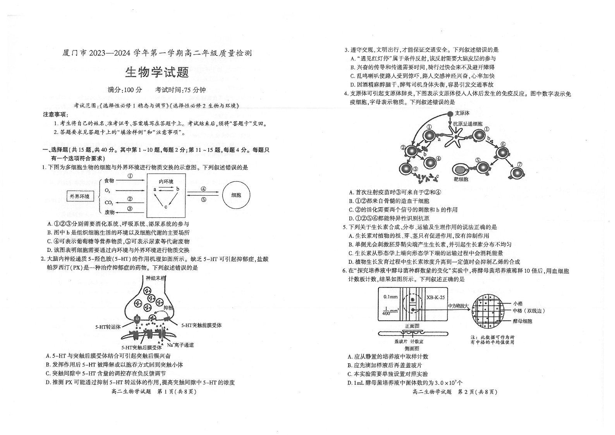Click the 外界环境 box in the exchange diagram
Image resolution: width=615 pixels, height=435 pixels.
point(79,196)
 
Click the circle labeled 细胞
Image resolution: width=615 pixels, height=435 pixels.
point(236,195)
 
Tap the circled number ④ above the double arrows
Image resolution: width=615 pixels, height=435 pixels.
point(203,189)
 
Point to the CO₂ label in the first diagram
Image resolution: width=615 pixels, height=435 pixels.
point(109,203)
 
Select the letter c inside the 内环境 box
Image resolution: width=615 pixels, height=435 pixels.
point(166,207)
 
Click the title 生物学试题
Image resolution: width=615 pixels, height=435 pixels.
point(157,72)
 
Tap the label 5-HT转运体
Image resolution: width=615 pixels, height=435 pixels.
point(108,327)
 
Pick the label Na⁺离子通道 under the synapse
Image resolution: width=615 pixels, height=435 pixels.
point(180,345)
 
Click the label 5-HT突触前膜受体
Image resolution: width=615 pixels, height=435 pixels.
point(201,325)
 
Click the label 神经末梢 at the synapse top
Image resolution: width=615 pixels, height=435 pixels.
point(156,278)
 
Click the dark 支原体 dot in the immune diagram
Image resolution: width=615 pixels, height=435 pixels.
point(450,113)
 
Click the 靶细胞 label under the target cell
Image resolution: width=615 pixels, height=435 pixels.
point(461,179)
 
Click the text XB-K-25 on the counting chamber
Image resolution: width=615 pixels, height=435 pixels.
point(435,297)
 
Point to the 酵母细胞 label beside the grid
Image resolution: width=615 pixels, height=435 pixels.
point(522,321)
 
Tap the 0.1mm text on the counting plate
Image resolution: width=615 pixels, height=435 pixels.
point(390,297)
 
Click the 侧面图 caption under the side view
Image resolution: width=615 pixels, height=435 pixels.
point(412,349)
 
